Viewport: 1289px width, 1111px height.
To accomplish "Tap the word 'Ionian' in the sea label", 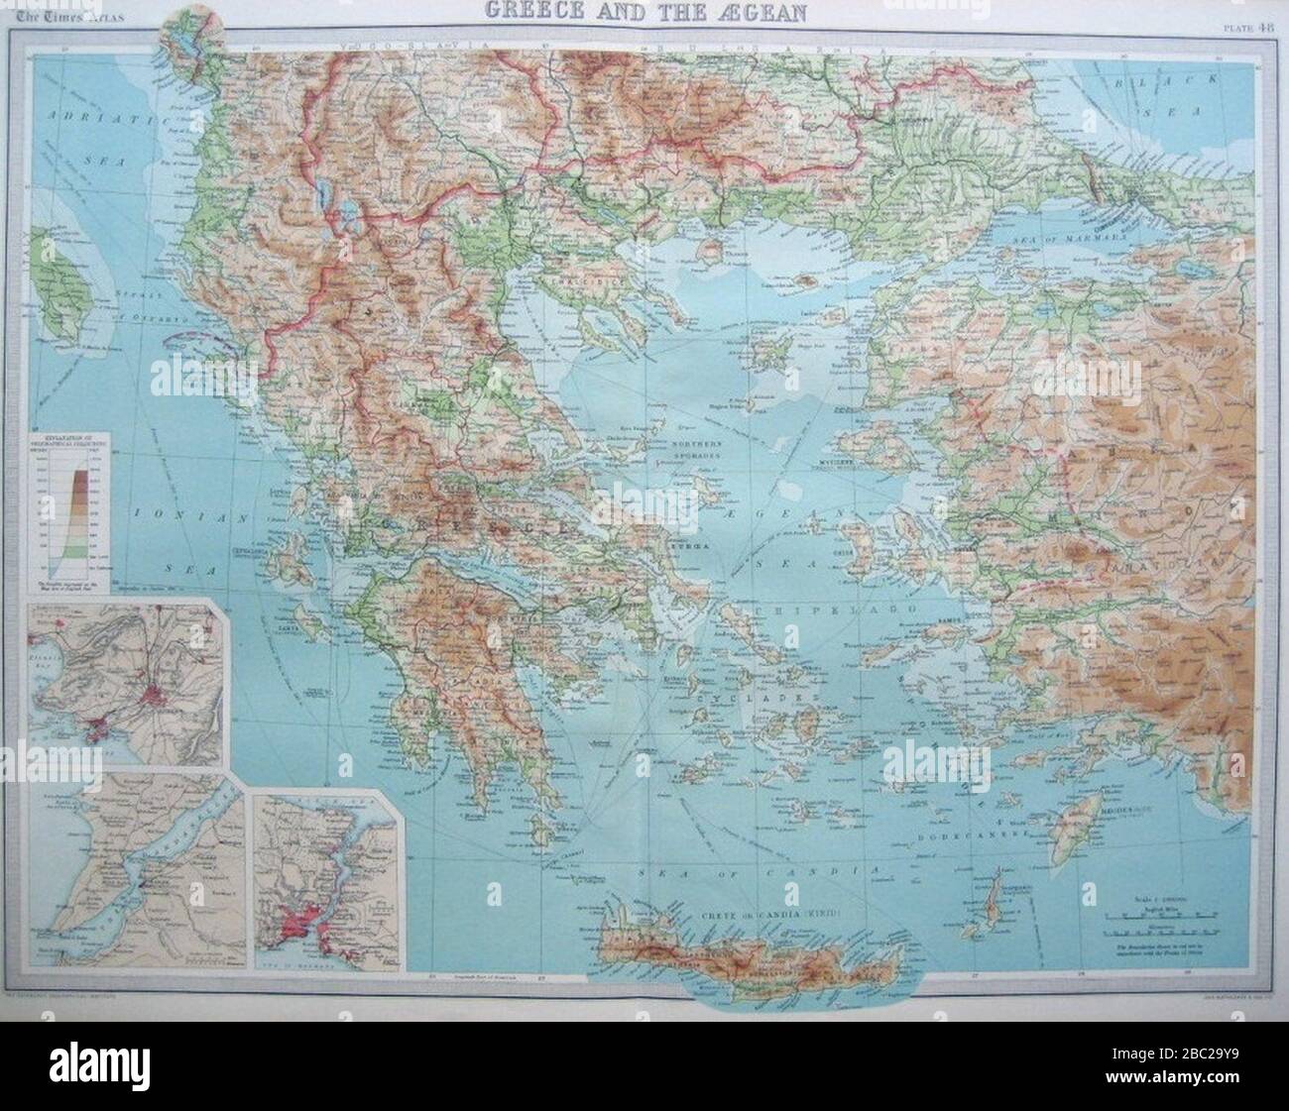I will tap(168, 517).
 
